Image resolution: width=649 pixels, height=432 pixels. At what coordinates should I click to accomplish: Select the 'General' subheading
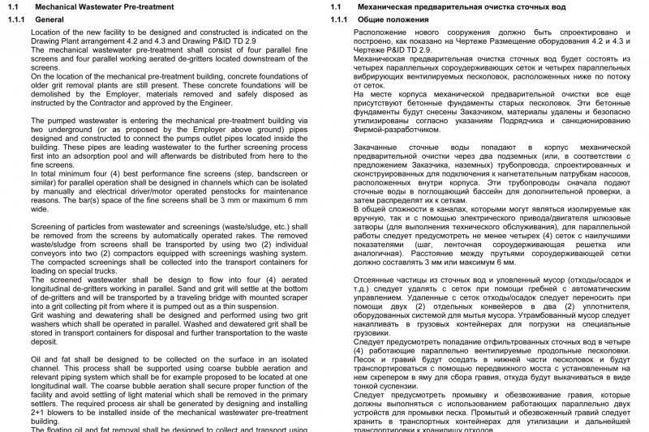[50, 18]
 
